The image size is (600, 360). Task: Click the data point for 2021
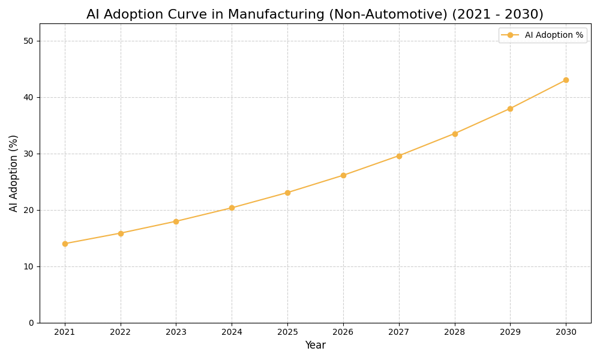pos(65,244)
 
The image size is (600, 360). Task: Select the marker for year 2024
pos(232,208)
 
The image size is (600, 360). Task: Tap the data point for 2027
pos(399,156)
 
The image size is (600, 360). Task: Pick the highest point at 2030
pos(566,80)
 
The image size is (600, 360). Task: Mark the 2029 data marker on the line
pos(510,109)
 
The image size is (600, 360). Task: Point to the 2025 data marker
pos(287,193)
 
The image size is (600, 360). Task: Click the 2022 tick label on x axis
pos(121,332)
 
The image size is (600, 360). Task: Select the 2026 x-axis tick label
pos(343,332)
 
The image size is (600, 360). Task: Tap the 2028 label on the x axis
pos(455,332)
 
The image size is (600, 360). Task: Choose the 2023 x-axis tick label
pos(176,332)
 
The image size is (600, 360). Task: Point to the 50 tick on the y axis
pos(28,41)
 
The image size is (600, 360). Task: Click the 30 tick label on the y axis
pos(28,154)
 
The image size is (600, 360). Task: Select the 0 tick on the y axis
pos(31,323)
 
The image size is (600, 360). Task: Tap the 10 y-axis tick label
pos(28,266)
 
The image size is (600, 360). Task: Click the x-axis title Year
pos(315,346)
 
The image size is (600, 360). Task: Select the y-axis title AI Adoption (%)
pos(14,173)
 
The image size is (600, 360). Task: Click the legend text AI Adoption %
pos(554,35)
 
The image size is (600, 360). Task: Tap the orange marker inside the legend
pos(510,35)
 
